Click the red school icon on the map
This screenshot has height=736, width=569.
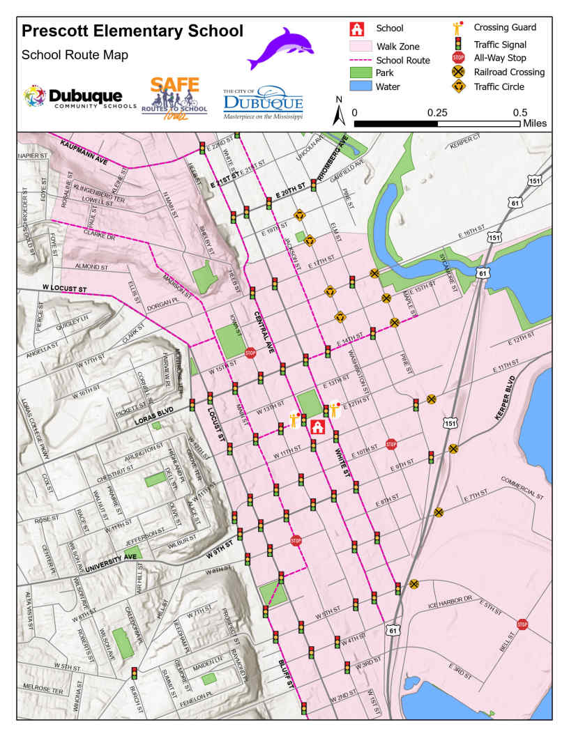pyautogui.click(x=317, y=427)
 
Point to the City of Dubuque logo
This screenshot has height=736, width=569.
pyautogui.click(x=263, y=102)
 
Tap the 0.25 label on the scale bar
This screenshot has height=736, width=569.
pyautogui.click(x=437, y=112)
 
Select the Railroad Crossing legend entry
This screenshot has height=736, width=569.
pyautogui.click(x=498, y=72)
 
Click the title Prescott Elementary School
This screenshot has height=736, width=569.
pyautogui.click(x=132, y=31)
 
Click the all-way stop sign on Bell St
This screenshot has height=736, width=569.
pyautogui.click(x=522, y=624)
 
